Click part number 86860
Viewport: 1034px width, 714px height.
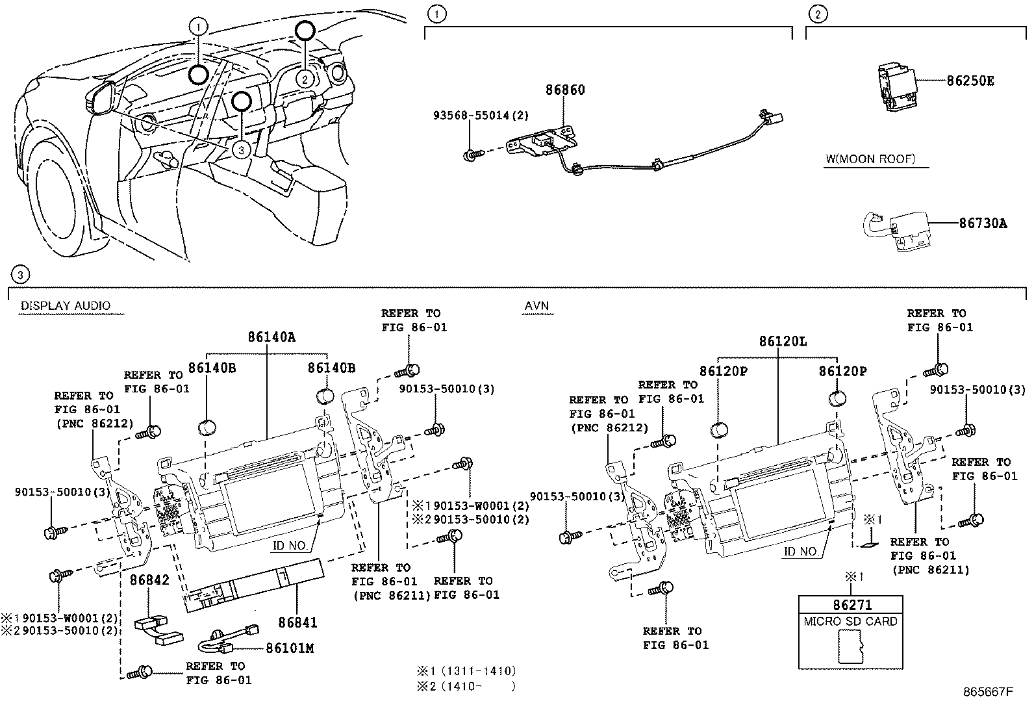click(564, 90)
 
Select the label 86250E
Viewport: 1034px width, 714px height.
click(970, 81)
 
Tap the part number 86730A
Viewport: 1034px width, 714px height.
click(983, 223)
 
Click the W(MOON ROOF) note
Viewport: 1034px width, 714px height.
click(870, 159)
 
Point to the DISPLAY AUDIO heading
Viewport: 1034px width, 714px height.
click(66, 306)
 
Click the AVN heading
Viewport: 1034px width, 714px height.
click(538, 306)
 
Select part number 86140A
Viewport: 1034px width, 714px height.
click(271, 337)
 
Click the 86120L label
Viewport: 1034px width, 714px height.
click(783, 341)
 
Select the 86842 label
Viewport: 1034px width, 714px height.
click(149, 580)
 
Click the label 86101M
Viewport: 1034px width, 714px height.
click(290, 648)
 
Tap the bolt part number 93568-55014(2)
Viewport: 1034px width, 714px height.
click(481, 116)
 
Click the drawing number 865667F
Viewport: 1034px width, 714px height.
click(987, 693)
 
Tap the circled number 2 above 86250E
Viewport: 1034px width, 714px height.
click(817, 14)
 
